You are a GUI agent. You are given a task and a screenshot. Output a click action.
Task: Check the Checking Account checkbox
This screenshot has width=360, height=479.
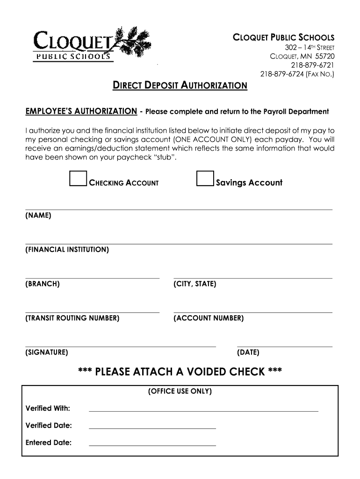coord(78,179)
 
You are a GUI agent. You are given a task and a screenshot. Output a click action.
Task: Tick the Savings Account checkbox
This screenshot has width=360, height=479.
coord(205,179)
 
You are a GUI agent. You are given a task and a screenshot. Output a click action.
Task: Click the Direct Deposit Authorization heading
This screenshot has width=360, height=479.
coord(180,86)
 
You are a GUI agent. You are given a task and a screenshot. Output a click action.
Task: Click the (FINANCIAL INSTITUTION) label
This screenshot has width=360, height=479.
coord(67,250)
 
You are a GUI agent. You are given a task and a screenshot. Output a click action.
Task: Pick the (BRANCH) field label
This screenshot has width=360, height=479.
coord(43,284)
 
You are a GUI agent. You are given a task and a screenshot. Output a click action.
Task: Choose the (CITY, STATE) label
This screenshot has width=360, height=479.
coord(194,284)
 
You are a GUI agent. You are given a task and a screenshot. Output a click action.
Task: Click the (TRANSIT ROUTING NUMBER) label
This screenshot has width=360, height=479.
coord(72,318)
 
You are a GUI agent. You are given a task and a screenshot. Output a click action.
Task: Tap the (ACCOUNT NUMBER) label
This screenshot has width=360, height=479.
coord(209,318)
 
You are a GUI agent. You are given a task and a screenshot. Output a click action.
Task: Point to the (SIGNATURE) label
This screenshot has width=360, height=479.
coord(47,352)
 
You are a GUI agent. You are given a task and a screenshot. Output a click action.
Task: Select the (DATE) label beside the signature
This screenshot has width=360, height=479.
coord(248,352)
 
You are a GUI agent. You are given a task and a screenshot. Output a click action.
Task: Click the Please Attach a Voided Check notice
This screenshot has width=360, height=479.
coord(180,372)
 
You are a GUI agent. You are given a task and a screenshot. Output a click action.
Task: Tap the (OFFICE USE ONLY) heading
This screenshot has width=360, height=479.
coord(180,391)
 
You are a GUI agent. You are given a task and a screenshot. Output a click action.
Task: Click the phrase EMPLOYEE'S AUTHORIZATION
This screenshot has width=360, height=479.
coord(81,111)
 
